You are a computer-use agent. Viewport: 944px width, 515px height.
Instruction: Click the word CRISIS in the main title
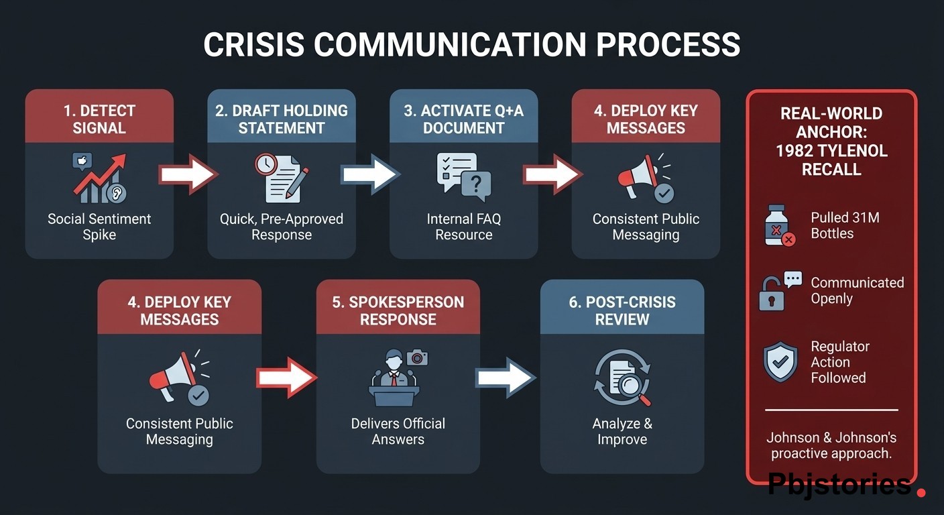(x=253, y=44)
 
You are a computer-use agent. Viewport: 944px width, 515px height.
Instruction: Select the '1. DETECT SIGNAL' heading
(x=99, y=119)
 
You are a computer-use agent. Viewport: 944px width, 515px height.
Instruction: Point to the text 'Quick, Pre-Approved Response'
(x=282, y=227)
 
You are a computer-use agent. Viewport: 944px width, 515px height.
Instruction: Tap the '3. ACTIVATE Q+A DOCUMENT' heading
(x=464, y=119)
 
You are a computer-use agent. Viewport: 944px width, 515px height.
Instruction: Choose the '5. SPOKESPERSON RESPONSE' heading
(x=398, y=310)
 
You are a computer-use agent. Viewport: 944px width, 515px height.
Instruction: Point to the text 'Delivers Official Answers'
(x=398, y=431)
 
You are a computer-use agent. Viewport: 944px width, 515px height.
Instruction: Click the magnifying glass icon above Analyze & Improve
(x=622, y=378)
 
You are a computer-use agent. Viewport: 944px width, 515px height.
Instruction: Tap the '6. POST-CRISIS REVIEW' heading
(x=622, y=310)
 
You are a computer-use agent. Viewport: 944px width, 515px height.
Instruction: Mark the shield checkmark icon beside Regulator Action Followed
(x=780, y=362)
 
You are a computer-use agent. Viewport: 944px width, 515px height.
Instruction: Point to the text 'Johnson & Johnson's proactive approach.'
(x=831, y=445)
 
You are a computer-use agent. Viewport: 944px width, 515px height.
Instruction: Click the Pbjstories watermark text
(x=839, y=484)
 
